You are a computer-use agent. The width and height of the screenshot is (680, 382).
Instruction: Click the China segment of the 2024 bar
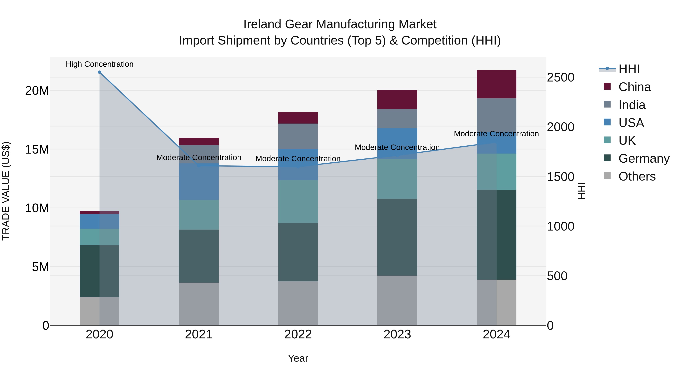point(496,84)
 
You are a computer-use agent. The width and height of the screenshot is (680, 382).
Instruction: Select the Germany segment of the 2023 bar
point(397,237)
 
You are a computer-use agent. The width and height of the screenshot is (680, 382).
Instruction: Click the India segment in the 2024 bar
point(496,113)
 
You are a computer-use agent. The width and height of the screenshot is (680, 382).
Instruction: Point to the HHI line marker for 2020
point(100,72)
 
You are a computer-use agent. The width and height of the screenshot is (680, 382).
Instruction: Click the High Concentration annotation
point(100,64)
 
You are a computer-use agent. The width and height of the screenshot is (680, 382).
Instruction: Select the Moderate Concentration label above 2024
point(496,134)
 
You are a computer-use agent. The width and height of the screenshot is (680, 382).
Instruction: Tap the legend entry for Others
point(637,176)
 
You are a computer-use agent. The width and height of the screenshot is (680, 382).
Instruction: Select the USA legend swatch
point(607,122)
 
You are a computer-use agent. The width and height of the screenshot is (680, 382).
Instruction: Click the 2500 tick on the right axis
point(560,78)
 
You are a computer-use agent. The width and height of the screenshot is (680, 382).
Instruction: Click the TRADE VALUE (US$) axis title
point(6,191)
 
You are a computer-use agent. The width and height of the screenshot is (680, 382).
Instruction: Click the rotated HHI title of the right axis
point(581,191)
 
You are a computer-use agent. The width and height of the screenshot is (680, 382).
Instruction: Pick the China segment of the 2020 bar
point(100,212)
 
